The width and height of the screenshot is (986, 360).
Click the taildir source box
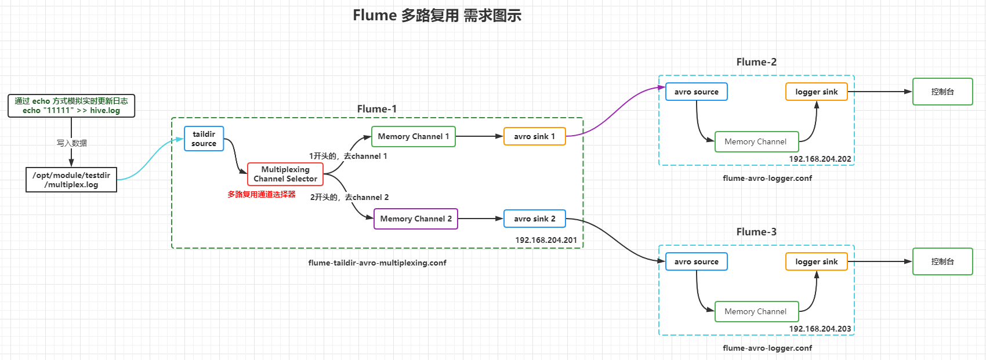[x=204, y=139]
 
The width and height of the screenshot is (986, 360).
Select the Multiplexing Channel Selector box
[x=285, y=174]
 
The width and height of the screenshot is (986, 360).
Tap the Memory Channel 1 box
[x=413, y=136]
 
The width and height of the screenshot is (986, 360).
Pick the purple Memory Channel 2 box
[x=415, y=219]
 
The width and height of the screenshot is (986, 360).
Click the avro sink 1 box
[x=534, y=136]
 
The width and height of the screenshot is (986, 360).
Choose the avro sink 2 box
[x=534, y=219]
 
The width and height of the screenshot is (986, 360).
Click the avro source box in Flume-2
[x=696, y=92]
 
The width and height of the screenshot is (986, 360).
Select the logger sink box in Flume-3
[x=816, y=261]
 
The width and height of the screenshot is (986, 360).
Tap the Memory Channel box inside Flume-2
[x=756, y=141]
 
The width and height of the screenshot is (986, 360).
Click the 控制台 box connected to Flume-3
[x=942, y=261]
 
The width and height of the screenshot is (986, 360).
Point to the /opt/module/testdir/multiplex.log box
[x=71, y=180]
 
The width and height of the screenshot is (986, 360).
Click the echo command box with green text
[x=71, y=106]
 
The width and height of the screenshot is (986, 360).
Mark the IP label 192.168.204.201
[x=546, y=240]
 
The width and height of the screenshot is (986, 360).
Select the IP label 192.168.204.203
[x=820, y=329]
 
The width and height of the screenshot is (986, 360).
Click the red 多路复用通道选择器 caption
[x=262, y=194]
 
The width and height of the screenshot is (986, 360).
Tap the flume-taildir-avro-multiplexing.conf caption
[x=377, y=263]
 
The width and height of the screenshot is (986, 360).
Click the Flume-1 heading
[x=376, y=109]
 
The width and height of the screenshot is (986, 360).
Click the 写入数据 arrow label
[x=71, y=143]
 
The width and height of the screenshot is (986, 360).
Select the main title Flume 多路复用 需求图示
[x=437, y=16]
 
